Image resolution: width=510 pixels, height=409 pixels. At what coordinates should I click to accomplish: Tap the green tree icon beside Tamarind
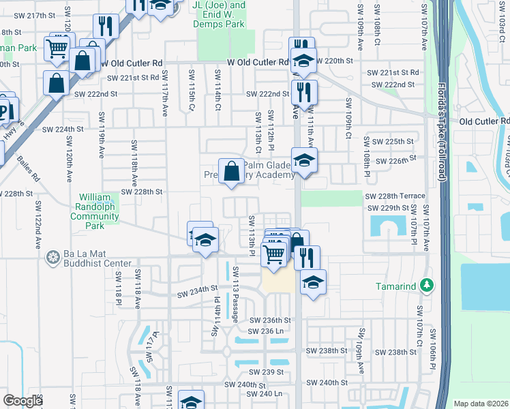coord(427,286)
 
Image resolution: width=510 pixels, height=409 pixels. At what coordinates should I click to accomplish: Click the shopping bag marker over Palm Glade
coord(231,170)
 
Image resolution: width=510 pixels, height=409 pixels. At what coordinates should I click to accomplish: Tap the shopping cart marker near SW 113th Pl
coord(274,254)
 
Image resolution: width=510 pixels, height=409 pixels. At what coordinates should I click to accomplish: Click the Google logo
coord(23,401)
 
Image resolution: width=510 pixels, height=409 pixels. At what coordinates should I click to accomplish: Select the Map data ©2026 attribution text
coord(481,404)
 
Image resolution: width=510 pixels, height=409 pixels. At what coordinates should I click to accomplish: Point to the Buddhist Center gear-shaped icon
coord(52,257)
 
